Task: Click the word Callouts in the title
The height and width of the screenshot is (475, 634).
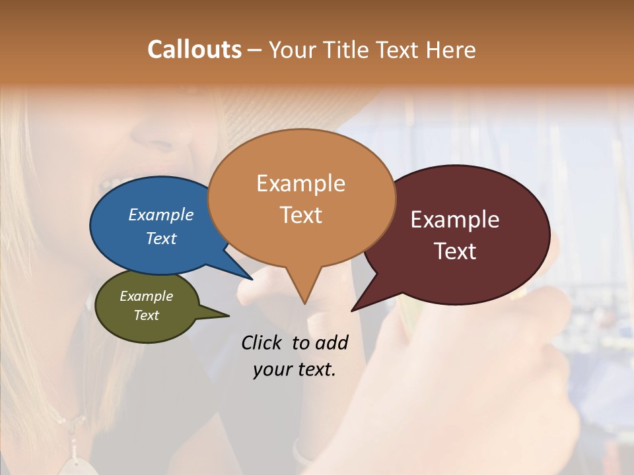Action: coord(194,49)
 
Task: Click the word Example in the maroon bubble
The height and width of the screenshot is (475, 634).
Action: coord(455,220)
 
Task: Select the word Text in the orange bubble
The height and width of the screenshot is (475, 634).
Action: coord(301,215)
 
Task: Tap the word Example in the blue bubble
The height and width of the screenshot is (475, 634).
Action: coord(161,214)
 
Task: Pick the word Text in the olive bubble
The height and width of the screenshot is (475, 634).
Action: coord(147,315)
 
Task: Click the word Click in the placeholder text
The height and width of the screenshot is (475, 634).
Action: coord(262,342)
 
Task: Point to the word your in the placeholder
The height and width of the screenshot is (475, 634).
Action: coord(273,369)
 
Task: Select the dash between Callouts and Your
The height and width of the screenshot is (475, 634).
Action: coord(255,50)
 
